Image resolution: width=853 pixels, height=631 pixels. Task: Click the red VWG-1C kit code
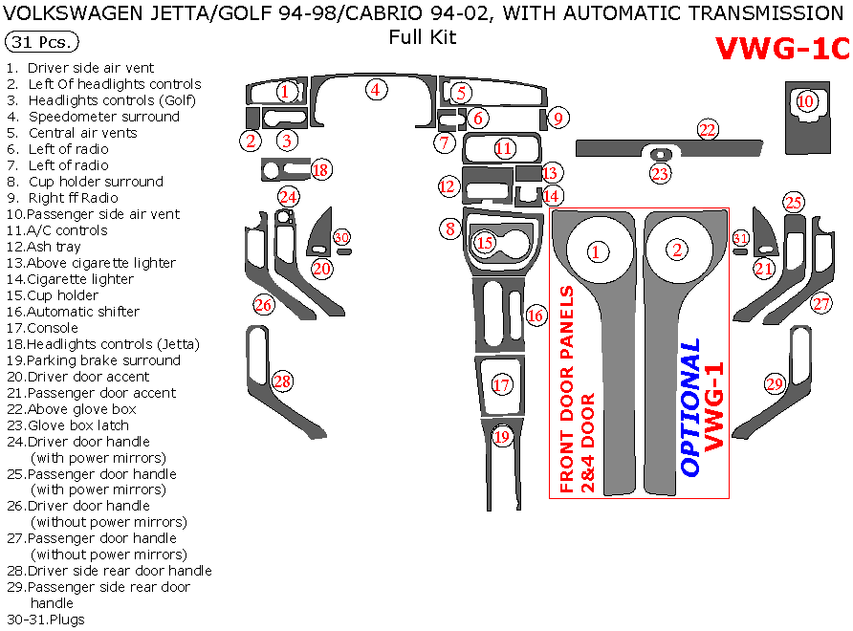click(781, 50)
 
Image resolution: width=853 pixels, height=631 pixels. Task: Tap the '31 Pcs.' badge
click(42, 43)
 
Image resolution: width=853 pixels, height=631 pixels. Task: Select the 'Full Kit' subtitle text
click(422, 37)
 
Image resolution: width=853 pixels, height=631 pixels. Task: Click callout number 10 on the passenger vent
click(806, 100)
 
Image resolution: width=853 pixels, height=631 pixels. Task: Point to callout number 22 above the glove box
click(707, 130)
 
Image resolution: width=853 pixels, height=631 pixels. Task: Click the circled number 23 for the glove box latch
click(660, 173)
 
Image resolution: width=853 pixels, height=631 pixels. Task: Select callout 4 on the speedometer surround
click(377, 90)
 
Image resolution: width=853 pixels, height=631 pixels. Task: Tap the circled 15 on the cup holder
click(485, 243)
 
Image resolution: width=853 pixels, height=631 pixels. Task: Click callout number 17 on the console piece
click(502, 385)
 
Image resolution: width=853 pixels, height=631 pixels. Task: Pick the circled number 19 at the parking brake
click(502, 438)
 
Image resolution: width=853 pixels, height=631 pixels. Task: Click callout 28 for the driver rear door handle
click(281, 381)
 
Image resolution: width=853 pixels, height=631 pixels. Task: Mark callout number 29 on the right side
click(774, 383)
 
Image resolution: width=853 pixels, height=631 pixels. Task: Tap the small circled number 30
click(341, 237)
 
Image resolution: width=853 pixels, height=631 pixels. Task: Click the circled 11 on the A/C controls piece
click(504, 148)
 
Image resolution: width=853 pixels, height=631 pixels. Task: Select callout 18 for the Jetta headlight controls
click(320, 169)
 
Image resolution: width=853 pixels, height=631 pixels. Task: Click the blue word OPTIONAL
click(690, 407)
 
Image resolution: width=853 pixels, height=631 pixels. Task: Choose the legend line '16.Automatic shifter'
click(83, 312)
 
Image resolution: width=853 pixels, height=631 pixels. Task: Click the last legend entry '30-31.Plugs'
click(46, 620)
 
